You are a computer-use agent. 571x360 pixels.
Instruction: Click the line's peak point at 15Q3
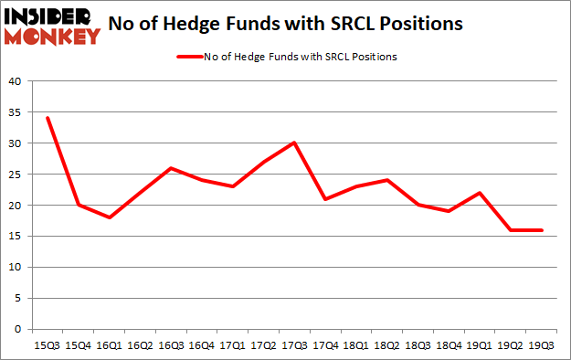(48, 118)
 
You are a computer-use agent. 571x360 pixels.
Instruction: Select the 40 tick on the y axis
(16, 81)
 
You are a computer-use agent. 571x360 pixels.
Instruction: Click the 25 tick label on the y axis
(16, 175)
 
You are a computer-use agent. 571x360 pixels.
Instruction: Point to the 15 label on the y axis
(16, 237)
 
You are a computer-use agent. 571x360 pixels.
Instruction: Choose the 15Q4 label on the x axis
(79, 346)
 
